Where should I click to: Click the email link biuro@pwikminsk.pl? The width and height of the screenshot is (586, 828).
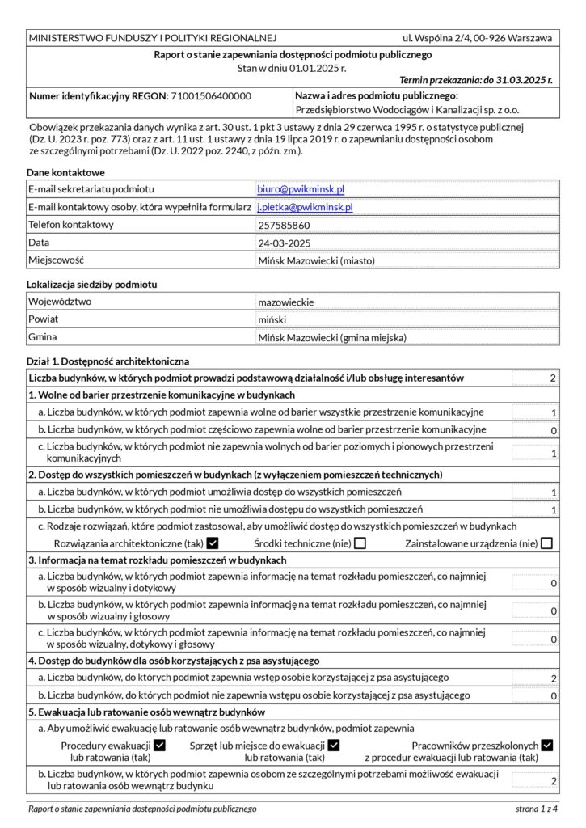pyautogui.click(x=301, y=189)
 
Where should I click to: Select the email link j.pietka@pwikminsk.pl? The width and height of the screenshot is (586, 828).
pyautogui.click(x=305, y=207)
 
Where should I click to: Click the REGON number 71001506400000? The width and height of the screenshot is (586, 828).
pyautogui.click(x=210, y=96)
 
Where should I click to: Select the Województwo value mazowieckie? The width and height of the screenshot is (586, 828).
pyautogui.click(x=286, y=302)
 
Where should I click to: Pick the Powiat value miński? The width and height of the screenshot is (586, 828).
pyautogui.click(x=272, y=320)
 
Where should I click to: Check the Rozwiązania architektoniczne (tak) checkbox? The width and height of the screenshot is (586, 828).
pyautogui.click(x=213, y=543)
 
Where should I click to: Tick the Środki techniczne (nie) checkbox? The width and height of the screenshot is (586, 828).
pyautogui.click(x=360, y=543)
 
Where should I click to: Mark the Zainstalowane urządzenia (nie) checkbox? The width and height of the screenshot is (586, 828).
pyautogui.click(x=547, y=543)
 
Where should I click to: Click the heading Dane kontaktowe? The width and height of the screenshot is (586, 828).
pyautogui.click(x=65, y=172)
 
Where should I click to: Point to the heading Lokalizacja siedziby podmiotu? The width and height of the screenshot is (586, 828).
pyautogui.click(x=91, y=285)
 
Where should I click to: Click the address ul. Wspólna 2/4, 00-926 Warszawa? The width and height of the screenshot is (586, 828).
pyautogui.click(x=477, y=38)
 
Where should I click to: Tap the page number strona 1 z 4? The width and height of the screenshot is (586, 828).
pyautogui.click(x=537, y=808)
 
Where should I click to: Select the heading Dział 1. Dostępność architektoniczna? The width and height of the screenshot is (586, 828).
pyautogui.click(x=108, y=361)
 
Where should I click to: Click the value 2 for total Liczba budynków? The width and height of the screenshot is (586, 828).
pyautogui.click(x=553, y=378)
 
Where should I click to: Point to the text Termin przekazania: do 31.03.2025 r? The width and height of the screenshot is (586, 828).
pyautogui.click(x=476, y=80)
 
